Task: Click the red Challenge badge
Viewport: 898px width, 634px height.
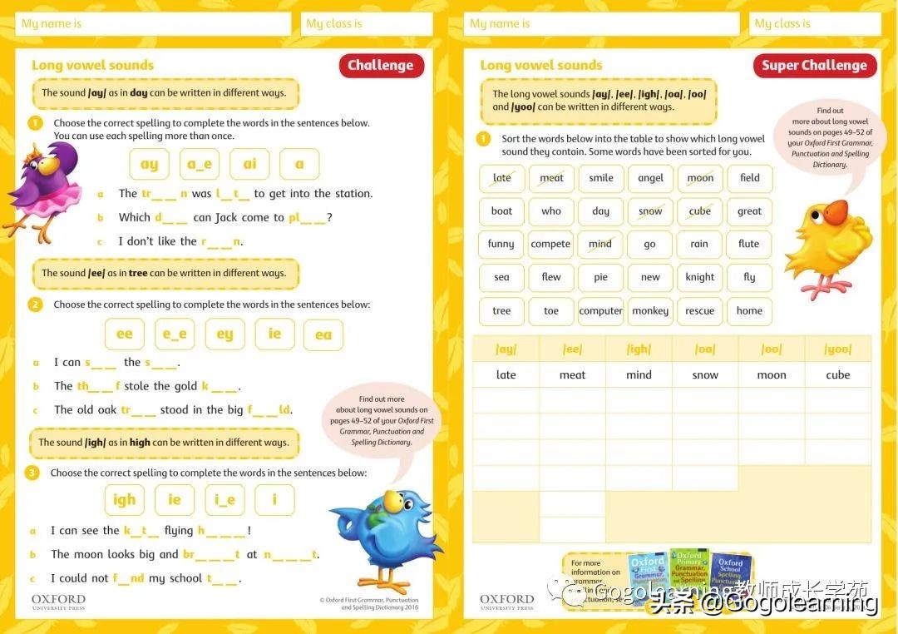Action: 381,66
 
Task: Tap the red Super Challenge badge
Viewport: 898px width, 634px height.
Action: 814,66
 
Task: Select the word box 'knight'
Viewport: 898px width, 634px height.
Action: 700,277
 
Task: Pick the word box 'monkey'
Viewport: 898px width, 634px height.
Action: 650,311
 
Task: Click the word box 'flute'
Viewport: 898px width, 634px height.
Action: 749,244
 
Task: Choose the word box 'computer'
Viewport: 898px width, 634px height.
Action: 601,311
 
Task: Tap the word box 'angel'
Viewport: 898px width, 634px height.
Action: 650,178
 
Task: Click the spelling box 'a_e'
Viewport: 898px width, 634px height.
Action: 200,165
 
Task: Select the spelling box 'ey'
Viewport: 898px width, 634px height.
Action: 224,334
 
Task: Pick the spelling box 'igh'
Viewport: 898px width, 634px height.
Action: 124,500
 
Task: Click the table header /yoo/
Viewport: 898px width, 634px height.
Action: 837,349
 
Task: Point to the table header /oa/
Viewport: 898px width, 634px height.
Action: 705,349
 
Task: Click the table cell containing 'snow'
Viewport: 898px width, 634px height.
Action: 705,375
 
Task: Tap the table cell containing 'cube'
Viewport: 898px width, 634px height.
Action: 837,375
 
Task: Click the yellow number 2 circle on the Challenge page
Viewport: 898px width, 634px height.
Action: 35,305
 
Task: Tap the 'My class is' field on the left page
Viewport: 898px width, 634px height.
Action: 367,24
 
